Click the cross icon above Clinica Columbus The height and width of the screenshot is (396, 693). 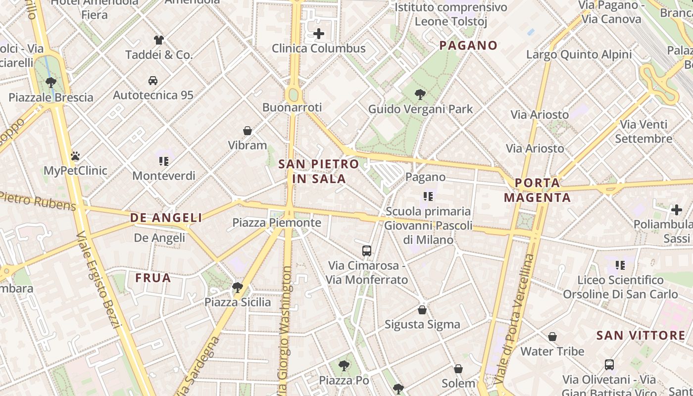[319, 34]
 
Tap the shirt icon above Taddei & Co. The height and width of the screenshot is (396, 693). [158, 40]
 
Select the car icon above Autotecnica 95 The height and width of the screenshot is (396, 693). [153, 80]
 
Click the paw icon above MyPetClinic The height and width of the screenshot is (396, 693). [75, 156]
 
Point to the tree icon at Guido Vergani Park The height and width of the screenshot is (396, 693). [420, 94]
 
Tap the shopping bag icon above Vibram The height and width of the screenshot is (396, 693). [247, 131]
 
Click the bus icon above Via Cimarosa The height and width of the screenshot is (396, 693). [366, 250]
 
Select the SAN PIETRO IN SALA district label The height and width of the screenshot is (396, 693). [318, 171]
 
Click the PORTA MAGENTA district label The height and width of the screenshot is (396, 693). [537, 190]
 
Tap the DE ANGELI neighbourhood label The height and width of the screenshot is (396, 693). [166, 217]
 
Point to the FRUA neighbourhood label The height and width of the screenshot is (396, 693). [153, 278]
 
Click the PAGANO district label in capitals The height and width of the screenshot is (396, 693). [468, 46]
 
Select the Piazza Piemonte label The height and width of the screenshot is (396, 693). [277, 223]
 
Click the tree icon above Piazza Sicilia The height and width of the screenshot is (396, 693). [238, 287]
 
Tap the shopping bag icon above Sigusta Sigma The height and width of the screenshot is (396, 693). [422, 310]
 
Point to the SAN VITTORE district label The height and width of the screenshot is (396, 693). [641, 335]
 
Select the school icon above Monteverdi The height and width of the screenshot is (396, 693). [164, 161]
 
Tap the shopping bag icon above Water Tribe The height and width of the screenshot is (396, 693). [552, 337]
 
